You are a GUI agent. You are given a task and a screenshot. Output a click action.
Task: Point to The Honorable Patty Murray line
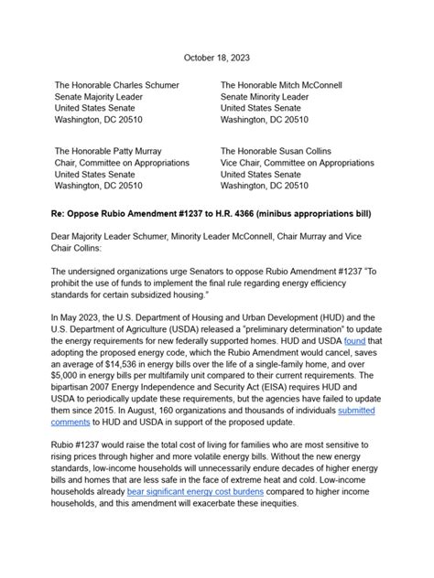tap(109, 150)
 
